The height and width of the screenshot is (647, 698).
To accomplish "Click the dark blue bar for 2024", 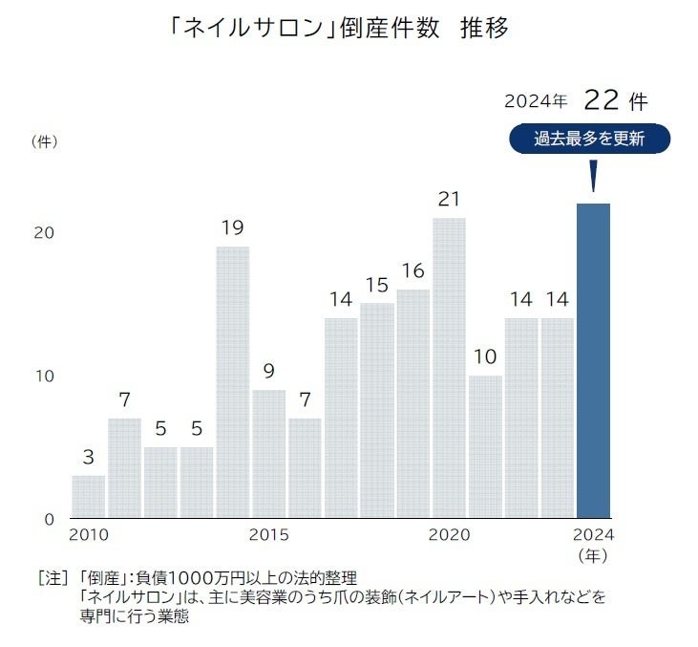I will click(593, 360).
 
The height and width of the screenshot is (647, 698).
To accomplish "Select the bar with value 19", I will click(232, 382).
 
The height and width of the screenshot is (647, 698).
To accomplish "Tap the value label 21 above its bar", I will click(449, 200).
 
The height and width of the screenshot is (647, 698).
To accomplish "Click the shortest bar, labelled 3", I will click(89, 497).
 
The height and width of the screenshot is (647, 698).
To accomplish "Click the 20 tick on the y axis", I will click(44, 233).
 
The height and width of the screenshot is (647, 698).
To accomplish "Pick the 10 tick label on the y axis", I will click(44, 376).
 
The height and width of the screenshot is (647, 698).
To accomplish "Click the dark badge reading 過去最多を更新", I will click(589, 139).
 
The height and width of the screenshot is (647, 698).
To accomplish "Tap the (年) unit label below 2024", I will click(593, 553).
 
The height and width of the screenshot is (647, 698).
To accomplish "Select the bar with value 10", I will click(485, 446).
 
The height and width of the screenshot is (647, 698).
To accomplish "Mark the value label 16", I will click(412, 271).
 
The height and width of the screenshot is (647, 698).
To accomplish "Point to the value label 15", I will click(376, 285).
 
